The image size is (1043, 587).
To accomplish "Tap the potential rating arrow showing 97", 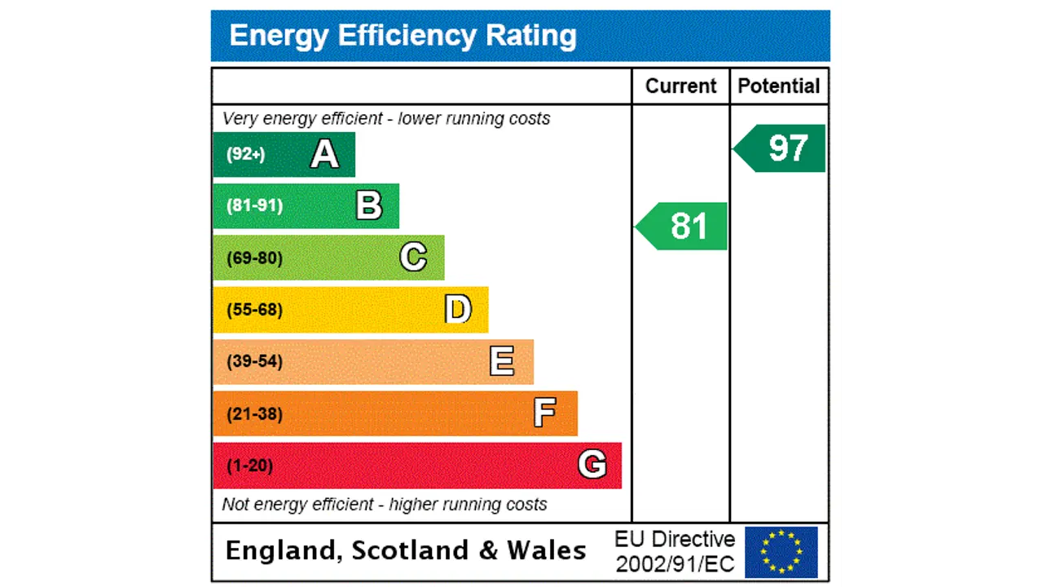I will pyautogui.click(x=782, y=148).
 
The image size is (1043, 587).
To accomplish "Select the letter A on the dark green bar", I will pyautogui.click(x=324, y=154).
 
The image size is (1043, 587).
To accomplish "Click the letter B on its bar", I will pyautogui.click(x=369, y=205).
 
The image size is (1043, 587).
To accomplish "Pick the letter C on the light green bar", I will pyautogui.click(x=413, y=258).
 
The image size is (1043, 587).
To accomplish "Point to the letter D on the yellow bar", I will pyautogui.click(x=458, y=310).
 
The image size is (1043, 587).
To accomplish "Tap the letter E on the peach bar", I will pyautogui.click(x=502, y=361).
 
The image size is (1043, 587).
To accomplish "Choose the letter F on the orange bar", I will pyautogui.click(x=545, y=413).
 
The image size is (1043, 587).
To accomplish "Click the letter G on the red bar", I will pyautogui.click(x=592, y=466).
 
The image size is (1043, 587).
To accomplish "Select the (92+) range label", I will pyautogui.click(x=246, y=154).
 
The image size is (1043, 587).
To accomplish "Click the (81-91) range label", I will pyautogui.click(x=255, y=205).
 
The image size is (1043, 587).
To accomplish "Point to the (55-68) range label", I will pyautogui.click(x=255, y=310).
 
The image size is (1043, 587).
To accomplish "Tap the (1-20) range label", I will pyautogui.click(x=250, y=466).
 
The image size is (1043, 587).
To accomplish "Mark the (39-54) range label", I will pyautogui.click(x=255, y=361).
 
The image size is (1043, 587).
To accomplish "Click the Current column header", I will pyautogui.click(x=680, y=86).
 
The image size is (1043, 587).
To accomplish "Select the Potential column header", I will pyautogui.click(x=779, y=86).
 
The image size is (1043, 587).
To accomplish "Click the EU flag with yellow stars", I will pyautogui.click(x=781, y=552).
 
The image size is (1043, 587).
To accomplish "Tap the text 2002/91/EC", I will pyautogui.click(x=675, y=563).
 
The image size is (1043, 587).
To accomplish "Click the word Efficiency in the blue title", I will pyautogui.click(x=408, y=36).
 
